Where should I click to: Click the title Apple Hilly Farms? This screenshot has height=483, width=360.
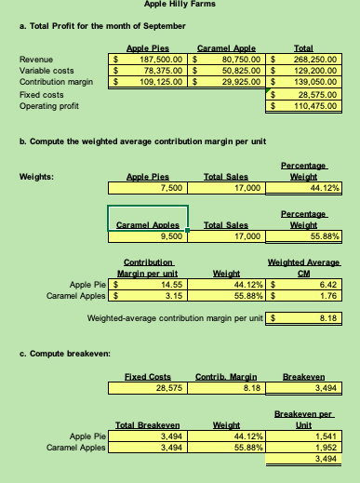click(x=180, y=6)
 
